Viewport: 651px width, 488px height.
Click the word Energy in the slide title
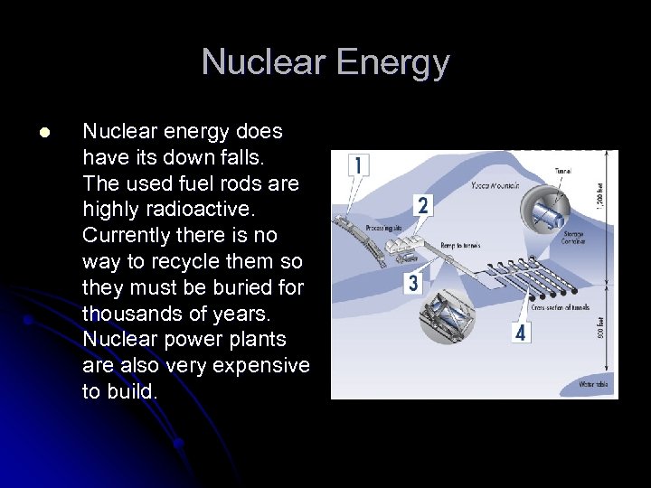click(392, 62)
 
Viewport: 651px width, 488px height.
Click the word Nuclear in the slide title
click(263, 62)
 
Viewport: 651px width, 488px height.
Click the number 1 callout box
click(358, 165)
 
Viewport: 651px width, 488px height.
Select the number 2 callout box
click(421, 205)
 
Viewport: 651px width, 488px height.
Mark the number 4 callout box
click(519, 333)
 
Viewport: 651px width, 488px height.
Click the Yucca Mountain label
click(494, 186)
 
